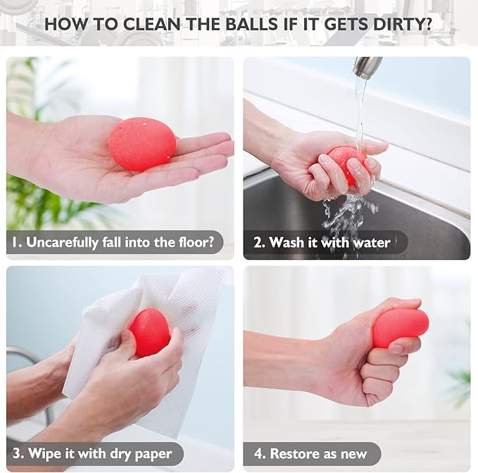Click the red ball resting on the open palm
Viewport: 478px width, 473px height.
pos(142,144)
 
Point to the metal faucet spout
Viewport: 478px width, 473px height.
pos(367,68)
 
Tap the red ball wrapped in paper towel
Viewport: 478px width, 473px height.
pos(150,333)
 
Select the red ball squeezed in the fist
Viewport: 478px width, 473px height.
pos(400,327)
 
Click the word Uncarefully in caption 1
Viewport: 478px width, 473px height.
pos(62,243)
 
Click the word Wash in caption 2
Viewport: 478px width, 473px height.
pos(287,242)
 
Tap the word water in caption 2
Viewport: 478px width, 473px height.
pos(372,243)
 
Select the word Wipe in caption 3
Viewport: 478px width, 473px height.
pos(44,453)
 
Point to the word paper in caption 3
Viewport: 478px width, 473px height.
pos(153,455)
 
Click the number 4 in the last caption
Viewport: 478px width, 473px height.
pos(259,454)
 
